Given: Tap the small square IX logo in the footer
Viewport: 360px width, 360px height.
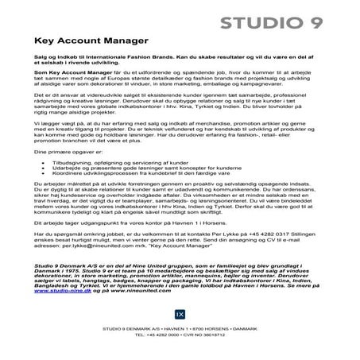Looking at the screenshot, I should (x=180, y=327).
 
